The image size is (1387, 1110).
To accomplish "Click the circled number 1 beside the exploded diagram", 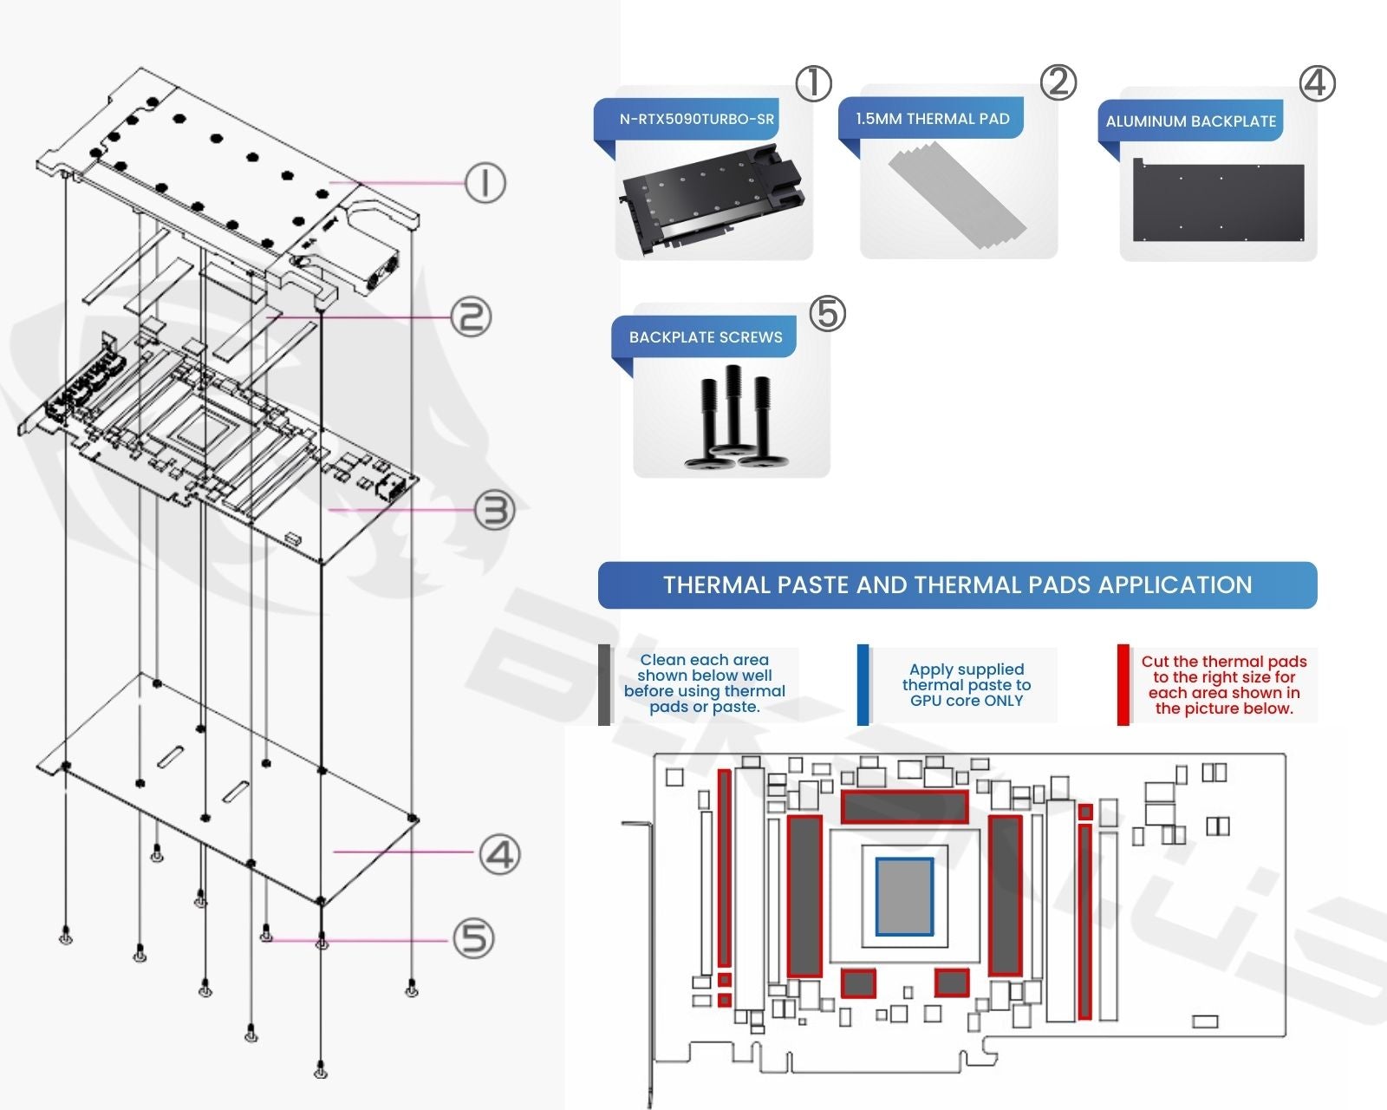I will (x=485, y=183).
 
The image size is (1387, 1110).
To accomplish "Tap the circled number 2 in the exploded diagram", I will (x=471, y=317).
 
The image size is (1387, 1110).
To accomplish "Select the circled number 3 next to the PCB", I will (x=495, y=511).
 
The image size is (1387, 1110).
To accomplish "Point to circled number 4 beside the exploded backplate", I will (x=500, y=854).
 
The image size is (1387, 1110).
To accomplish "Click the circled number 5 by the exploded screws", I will (x=474, y=939).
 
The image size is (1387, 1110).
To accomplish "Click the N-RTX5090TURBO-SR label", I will (x=696, y=120).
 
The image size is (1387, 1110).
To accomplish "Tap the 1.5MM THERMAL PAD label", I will (x=932, y=119).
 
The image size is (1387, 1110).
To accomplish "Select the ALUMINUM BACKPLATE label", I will (x=1190, y=121).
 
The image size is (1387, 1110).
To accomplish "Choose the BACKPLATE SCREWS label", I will (x=705, y=337).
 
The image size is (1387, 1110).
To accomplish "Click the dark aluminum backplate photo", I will (x=1218, y=201).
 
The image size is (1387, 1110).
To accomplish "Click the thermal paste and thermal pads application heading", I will (x=957, y=585).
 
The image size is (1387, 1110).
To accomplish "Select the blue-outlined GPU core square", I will (x=904, y=897).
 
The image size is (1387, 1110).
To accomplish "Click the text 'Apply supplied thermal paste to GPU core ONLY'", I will (x=966, y=685).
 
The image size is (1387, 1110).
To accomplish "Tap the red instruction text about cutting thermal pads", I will (x=1223, y=685).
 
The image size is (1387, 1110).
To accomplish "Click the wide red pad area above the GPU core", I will (x=904, y=807).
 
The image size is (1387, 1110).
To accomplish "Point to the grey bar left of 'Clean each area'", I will (x=604, y=685).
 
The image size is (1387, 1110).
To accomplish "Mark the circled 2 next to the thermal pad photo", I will (x=1058, y=82).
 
